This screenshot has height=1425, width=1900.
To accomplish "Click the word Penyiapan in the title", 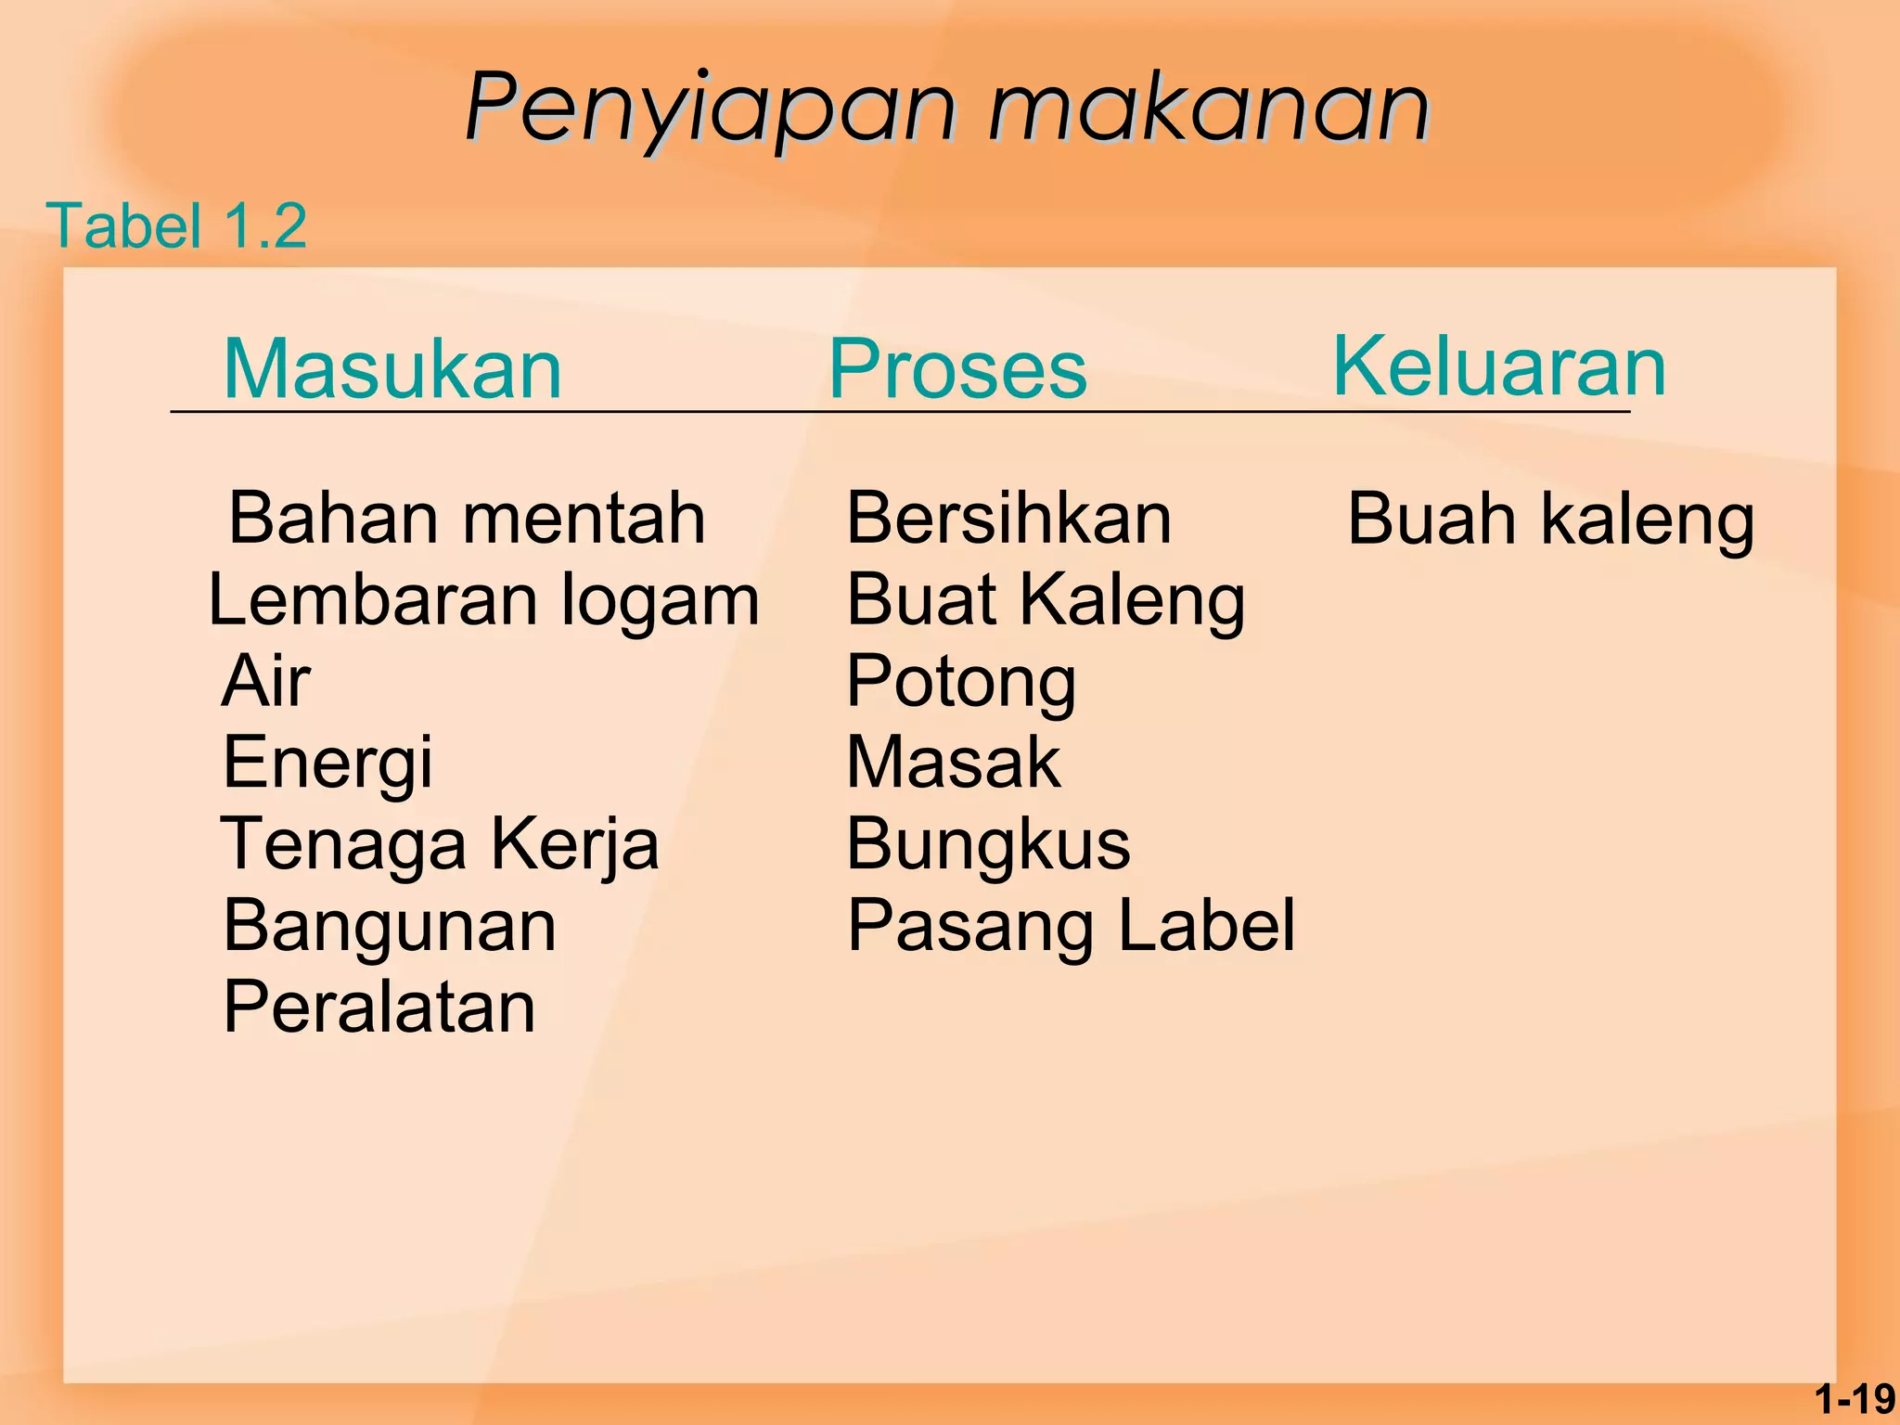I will (710, 109).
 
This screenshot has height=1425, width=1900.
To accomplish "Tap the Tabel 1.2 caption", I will (176, 225).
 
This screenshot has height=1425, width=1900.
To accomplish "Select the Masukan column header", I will (392, 369).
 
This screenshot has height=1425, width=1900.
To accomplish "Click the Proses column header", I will (957, 369).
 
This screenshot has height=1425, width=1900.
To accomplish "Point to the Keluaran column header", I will (1498, 366).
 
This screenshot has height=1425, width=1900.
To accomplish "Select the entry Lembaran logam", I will (483, 600).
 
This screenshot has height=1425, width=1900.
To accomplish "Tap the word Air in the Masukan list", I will (265, 681).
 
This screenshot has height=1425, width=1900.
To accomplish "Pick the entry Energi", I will (327, 763).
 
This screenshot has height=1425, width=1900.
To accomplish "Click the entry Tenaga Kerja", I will (439, 844).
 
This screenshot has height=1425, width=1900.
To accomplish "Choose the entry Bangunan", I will (390, 926).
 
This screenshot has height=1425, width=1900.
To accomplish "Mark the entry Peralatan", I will (379, 1008).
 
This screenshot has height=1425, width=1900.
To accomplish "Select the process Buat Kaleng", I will (1046, 600).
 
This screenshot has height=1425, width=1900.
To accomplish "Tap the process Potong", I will (961, 683).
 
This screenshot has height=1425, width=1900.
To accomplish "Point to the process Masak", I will (953, 763).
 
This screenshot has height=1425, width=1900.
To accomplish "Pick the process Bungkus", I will (988, 844).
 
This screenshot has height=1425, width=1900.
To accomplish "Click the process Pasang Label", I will (1071, 926).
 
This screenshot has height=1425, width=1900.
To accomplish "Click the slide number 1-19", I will (1855, 1399).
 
